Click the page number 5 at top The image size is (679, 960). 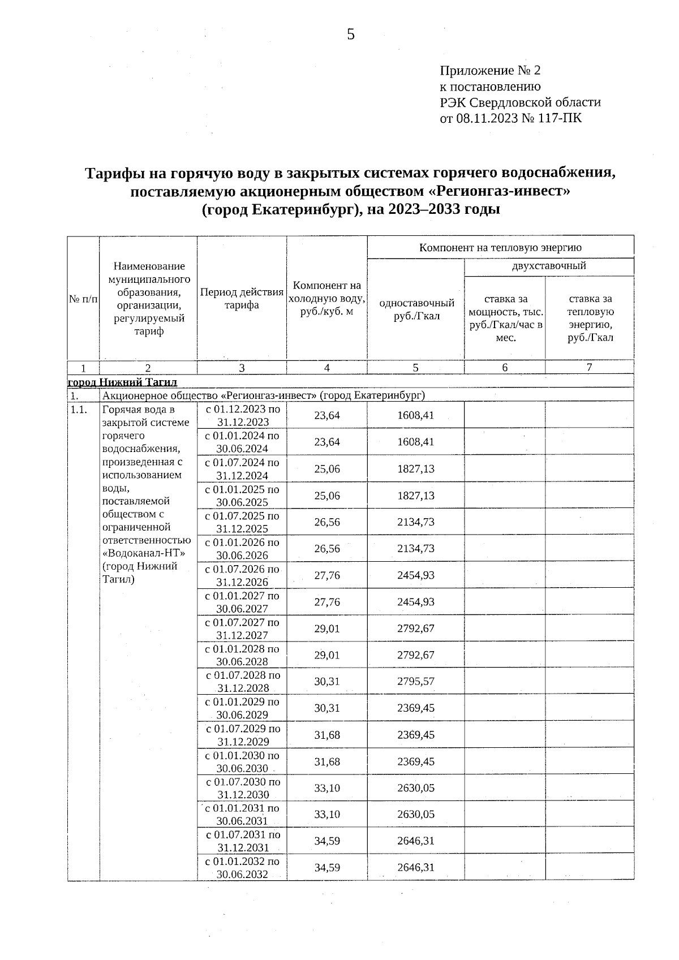click(x=351, y=35)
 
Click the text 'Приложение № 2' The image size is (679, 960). click(x=490, y=71)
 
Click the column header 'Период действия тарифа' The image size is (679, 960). click(x=242, y=299)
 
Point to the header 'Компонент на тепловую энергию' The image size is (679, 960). click(x=500, y=247)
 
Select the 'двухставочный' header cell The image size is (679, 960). click(x=548, y=266)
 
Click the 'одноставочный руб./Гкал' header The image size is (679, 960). click(x=416, y=309)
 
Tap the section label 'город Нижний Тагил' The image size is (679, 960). click(x=122, y=382)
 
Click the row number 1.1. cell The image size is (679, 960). click(x=79, y=410)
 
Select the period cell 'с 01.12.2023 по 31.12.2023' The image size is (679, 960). click(x=242, y=415)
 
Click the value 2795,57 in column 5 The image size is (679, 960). click(x=415, y=682)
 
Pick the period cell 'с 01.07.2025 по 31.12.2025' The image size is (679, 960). click(x=242, y=522)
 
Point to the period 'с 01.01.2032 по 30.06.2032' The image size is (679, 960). click(x=242, y=867)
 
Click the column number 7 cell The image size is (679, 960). click(x=589, y=368)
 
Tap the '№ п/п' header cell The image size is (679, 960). click(x=83, y=299)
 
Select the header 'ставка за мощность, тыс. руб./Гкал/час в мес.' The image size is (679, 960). click(x=505, y=318)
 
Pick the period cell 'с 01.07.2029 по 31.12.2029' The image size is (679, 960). click(x=242, y=735)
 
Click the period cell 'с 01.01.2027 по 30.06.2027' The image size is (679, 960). click(x=242, y=602)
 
